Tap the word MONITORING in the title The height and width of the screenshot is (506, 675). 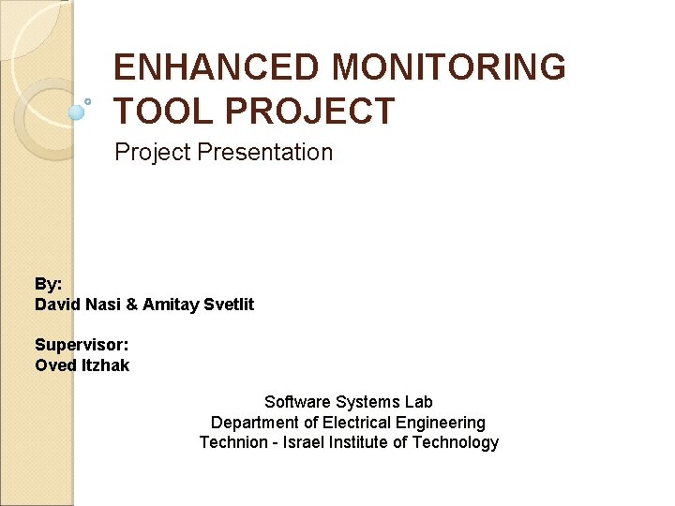pyautogui.click(x=448, y=67)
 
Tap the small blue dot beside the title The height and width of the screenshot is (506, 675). pyautogui.click(x=77, y=112)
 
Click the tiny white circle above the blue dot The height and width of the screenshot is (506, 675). pyautogui.click(x=88, y=100)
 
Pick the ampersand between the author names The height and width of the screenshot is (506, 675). pyautogui.click(x=130, y=305)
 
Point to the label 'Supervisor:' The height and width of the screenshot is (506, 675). pyautogui.click(x=82, y=345)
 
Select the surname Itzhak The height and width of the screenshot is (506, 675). pyautogui.click(x=105, y=365)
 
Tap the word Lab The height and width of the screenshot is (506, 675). pyautogui.click(x=418, y=402)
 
